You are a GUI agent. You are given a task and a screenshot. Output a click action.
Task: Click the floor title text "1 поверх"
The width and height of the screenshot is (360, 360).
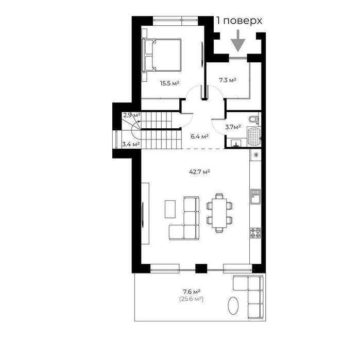[239, 21]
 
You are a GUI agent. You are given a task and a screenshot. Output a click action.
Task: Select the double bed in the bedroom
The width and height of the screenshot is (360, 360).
[162, 55]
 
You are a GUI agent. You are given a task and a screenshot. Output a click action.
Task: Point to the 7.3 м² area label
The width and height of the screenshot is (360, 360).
[228, 80]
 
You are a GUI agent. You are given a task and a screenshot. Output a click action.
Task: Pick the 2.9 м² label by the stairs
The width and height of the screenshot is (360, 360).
[131, 115]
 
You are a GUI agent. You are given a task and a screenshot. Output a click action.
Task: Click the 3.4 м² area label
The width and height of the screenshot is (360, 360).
[131, 144]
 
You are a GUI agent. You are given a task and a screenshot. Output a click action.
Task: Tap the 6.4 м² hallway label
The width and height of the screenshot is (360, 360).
[199, 136]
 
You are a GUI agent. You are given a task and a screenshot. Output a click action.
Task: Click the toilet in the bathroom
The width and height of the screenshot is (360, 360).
[252, 120]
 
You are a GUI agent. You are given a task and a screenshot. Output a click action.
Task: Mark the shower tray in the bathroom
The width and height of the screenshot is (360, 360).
[254, 136]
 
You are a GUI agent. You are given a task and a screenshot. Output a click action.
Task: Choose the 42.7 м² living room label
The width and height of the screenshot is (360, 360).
[199, 172]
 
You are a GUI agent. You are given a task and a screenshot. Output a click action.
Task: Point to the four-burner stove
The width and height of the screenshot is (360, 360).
[255, 232]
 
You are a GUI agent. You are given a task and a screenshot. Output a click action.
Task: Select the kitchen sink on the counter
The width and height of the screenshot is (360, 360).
[255, 196]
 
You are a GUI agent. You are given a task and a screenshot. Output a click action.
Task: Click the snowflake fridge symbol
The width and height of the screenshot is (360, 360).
[255, 155]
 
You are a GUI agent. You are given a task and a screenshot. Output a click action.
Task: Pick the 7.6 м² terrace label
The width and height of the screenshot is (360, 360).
[190, 291]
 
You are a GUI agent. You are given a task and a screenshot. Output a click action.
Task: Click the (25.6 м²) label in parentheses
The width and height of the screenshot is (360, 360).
[191, 299]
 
